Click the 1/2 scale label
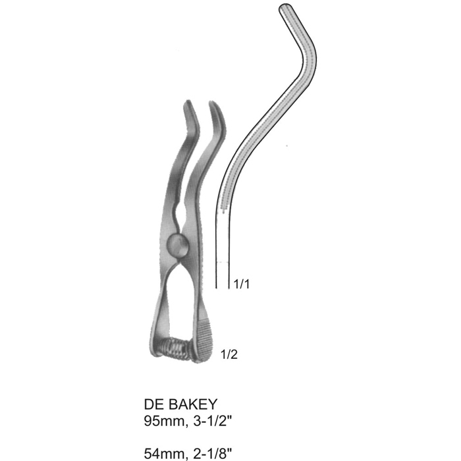click(229, 354)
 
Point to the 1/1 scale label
click(242, 284)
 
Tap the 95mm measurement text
click(165, 422)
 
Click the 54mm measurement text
click(165, 454)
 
